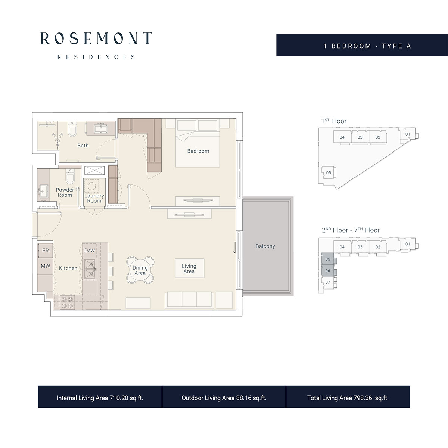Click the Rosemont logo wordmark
click(x=96, y=38)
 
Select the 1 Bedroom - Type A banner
click(x=367, y=46)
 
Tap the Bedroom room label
click(x=198, y=151)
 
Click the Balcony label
click(x=265, y=246)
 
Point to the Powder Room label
click(x=65, y=192)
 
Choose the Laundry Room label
click(x=94, y=198)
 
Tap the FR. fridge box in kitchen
click(x=46, y=251)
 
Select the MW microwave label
click(x=46, y=266)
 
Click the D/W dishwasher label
click(x=90, y=251)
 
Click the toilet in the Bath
click(x=72, y=131)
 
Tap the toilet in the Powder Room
click(x=70, y=175)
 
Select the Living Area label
click(x=189, y=269)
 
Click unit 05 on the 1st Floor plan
click(x=329, y=173)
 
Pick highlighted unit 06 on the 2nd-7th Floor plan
click(x=328, y=271)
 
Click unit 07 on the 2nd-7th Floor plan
click(x=328, y=282)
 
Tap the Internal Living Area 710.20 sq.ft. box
click(x=100, y=398)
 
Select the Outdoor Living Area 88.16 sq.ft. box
click(x=224, y=398)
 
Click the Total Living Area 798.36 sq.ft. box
click(x=348, y=398)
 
